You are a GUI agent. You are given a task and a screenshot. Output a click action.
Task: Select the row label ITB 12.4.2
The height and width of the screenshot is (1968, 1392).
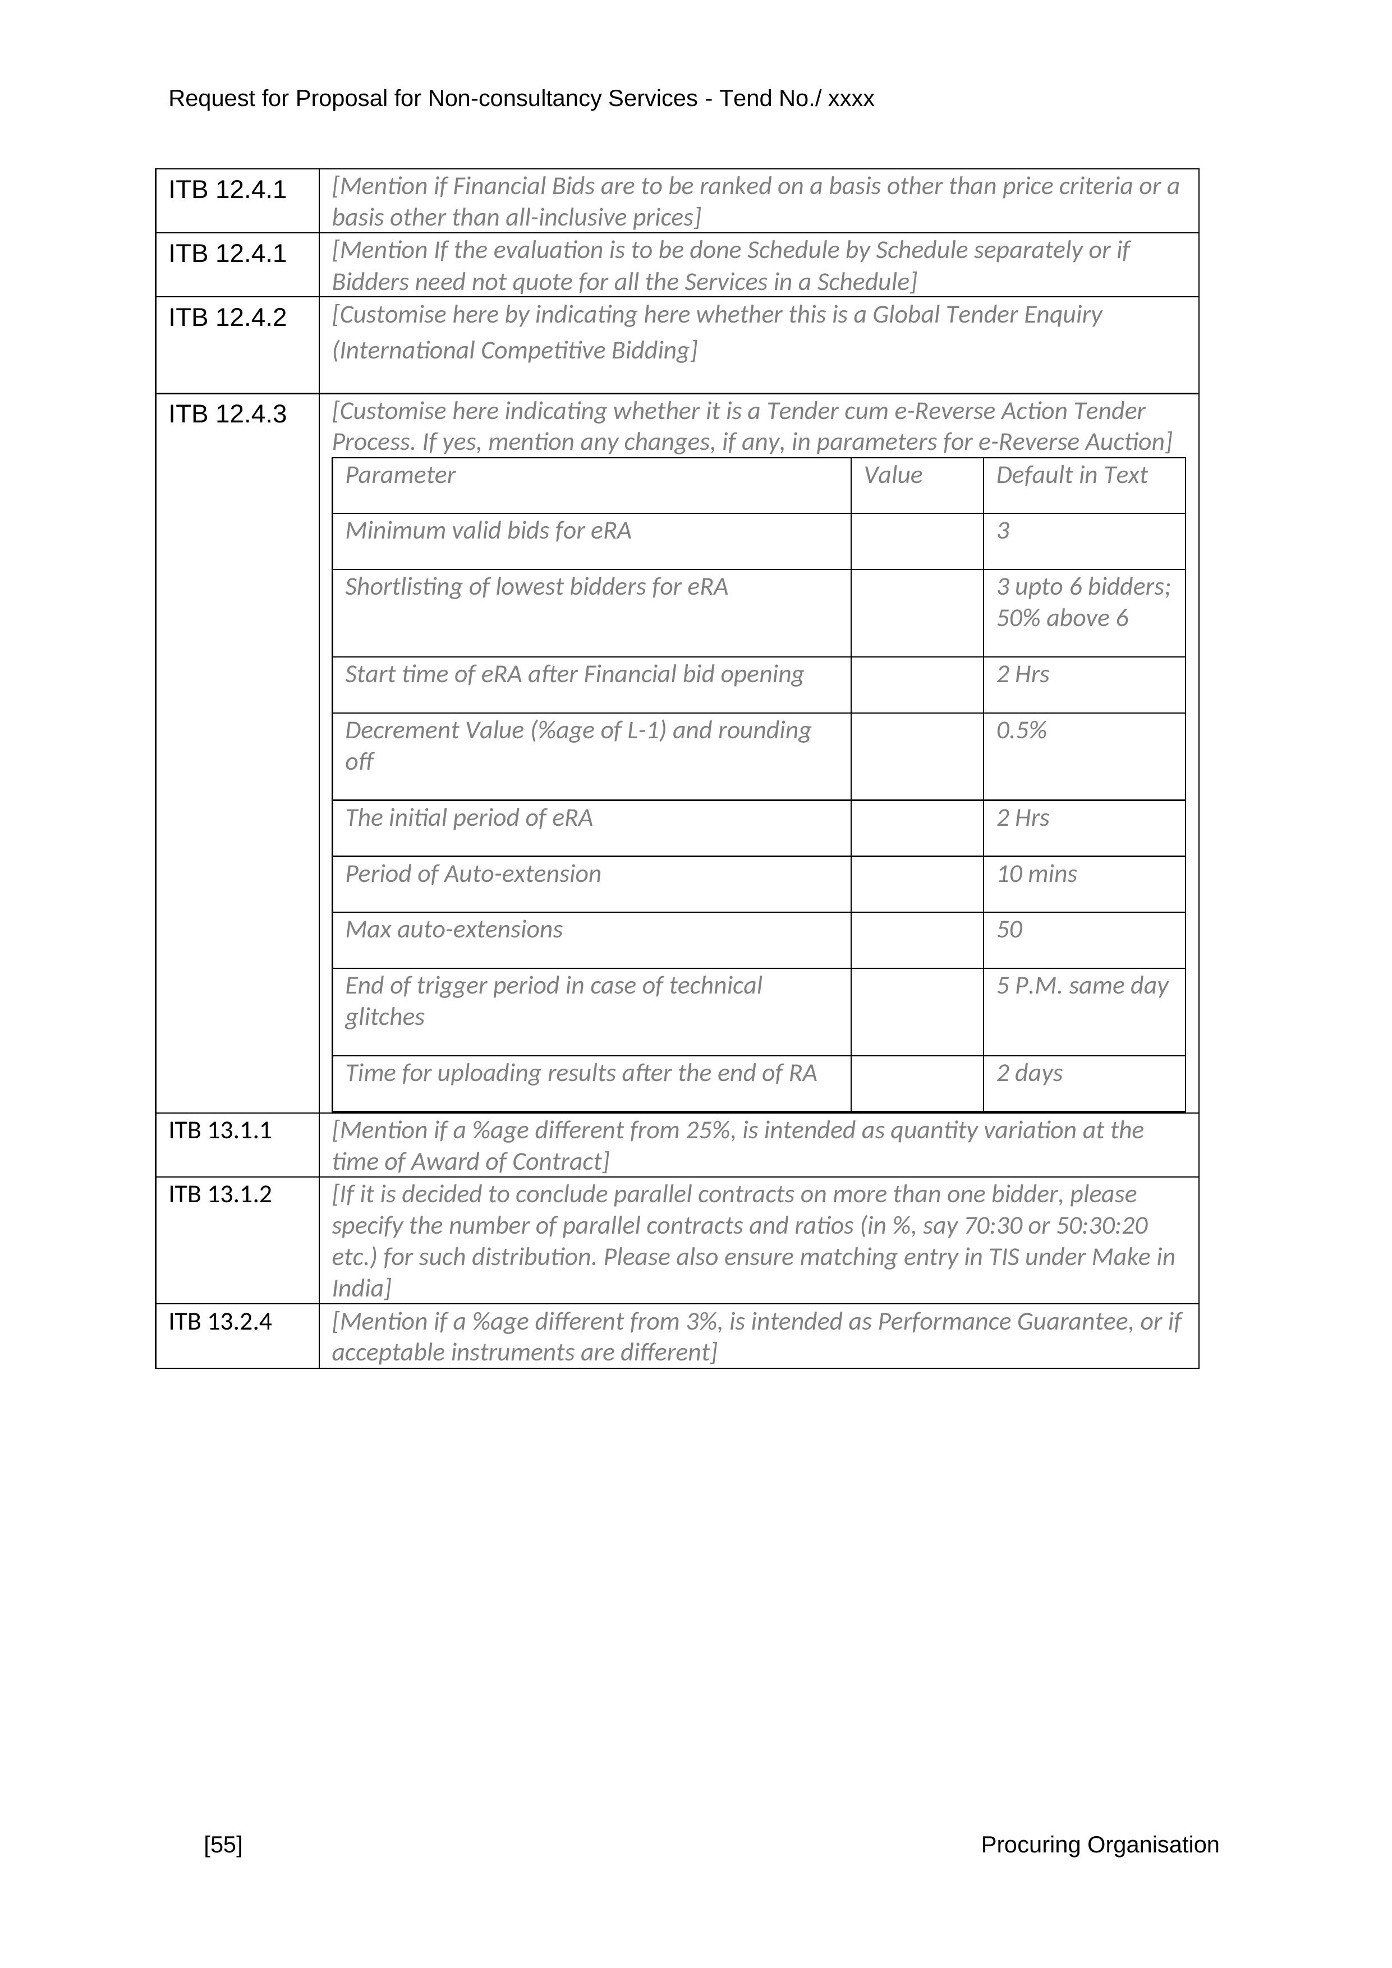coord(227,318)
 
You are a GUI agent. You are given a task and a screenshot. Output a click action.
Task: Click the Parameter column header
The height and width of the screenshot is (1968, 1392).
coord(400,476)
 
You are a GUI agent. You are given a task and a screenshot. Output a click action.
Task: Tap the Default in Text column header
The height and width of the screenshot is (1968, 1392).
coord(1072,476)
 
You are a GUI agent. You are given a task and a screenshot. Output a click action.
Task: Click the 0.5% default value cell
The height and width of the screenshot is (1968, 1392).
coord(1021,731)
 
